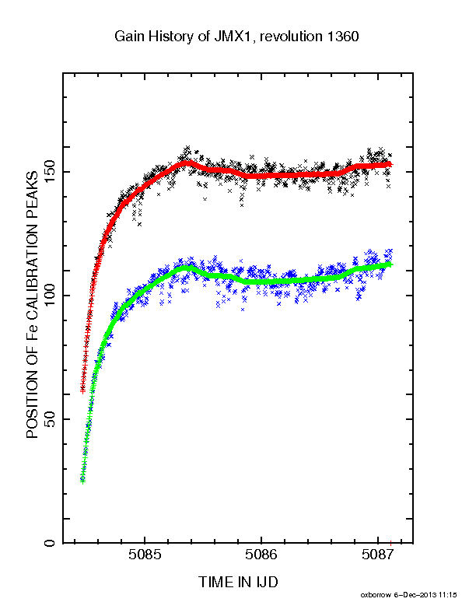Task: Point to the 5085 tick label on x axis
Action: pos(145,555)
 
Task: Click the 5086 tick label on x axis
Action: pos(261,555)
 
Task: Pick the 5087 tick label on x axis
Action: pos(377,555)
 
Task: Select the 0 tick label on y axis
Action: pos(50,543)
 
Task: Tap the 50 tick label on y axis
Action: pos(50,418)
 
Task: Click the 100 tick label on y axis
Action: pos(50,295)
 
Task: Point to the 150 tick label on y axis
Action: pos(50,171)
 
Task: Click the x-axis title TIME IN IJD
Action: pos(238,582)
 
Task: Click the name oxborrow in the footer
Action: pos(376,595)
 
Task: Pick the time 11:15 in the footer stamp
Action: pos(448,595)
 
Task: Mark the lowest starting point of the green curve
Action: pos(82,481)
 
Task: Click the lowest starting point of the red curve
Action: pos(82,391)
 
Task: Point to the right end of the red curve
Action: pos(390,164)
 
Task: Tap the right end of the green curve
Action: pos(390,264)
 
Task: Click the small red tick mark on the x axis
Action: pos(390,543)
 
